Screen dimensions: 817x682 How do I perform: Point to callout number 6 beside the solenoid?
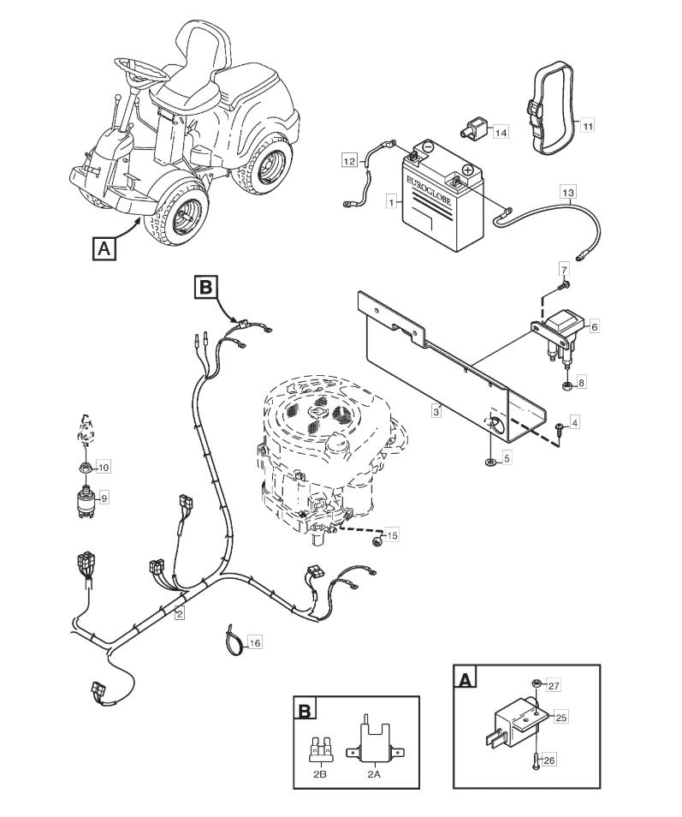point(594,326)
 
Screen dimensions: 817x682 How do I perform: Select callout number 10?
point(104,467)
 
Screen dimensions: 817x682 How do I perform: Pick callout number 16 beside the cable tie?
point(255,641)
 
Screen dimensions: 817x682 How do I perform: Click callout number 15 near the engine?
point(392,536)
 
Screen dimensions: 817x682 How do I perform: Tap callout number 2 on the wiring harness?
point(180,613)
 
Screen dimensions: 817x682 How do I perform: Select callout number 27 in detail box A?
point(553,685)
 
